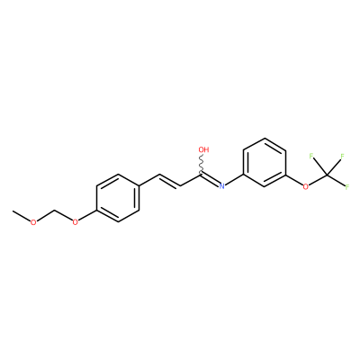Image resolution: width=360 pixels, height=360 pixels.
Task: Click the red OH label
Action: (x=203, y=149)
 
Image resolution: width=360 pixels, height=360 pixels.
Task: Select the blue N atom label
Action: (x=221, y=186)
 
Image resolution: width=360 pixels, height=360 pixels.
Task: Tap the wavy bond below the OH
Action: (x=202, y=163)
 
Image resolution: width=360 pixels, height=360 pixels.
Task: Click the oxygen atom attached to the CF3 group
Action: (x=306, y=187)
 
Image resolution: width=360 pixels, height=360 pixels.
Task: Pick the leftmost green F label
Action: (x=311, y=156)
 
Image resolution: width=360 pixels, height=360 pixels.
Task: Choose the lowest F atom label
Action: (x=347, y=187)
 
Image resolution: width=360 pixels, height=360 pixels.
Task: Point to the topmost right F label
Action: (x=342, y=156)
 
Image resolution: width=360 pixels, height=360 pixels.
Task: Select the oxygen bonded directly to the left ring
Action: (x=75, y=222)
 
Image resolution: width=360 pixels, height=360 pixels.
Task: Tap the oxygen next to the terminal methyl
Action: (x=33, y=222)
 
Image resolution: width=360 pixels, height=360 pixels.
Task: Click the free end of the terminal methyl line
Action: (x=13, y=211)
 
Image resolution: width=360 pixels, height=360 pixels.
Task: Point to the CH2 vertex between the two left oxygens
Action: (x=54, y=211)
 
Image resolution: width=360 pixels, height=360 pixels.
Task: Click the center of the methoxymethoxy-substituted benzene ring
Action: (x=118, y=198)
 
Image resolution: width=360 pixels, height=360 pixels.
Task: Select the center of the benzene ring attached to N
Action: (x=265, y=162)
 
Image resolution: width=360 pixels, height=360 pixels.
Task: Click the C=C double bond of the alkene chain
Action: (x=170, y=181)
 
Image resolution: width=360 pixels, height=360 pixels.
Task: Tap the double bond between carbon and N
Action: (x=211, y=179)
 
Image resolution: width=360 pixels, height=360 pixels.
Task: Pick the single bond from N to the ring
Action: (x=234, y=180)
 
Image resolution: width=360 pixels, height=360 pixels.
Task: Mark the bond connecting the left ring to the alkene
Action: (x=149, y=180)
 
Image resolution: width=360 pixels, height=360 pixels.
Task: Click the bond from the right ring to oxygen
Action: (x=294, y=180)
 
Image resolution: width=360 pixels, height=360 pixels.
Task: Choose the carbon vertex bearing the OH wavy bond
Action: (x=201, y=175)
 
